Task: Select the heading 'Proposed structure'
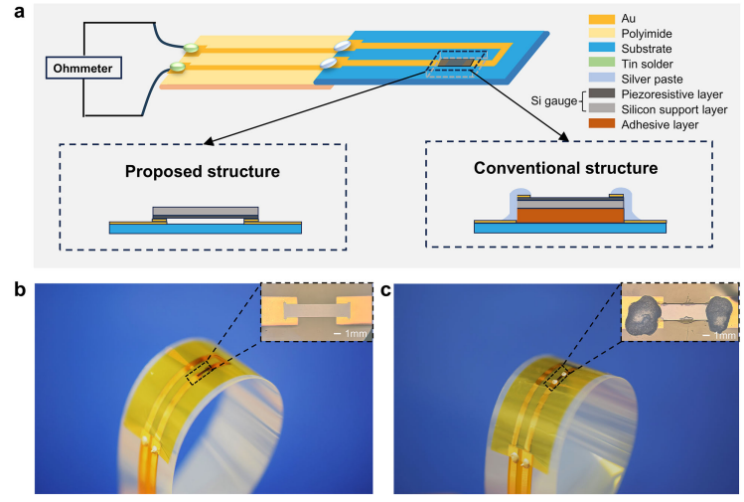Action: tap(202, 172)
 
